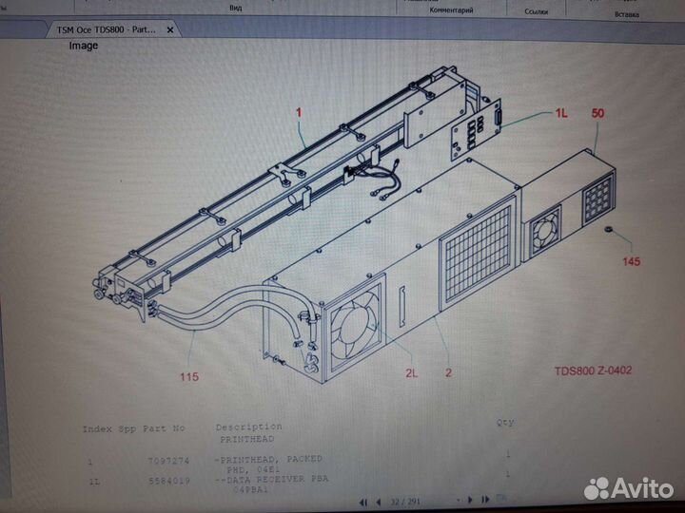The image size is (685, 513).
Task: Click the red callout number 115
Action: pyautogui.click(x=188, y=377)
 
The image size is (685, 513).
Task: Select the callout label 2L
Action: pyautogui.click(x=411, y=373)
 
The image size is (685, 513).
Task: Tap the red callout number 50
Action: pyautogui.click(x=598, y=113)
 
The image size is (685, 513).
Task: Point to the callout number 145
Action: pyautogui.click(x=631, y=260)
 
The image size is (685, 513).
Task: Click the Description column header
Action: pyautogui.click(x=248, y=427)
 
